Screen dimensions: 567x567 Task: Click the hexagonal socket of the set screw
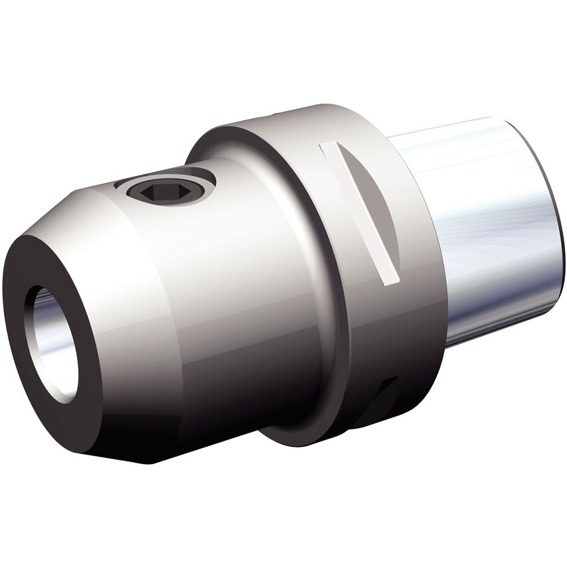[x=161, y=191]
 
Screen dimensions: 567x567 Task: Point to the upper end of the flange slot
[x=329, y=149]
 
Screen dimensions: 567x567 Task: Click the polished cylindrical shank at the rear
[x=478, y=252]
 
